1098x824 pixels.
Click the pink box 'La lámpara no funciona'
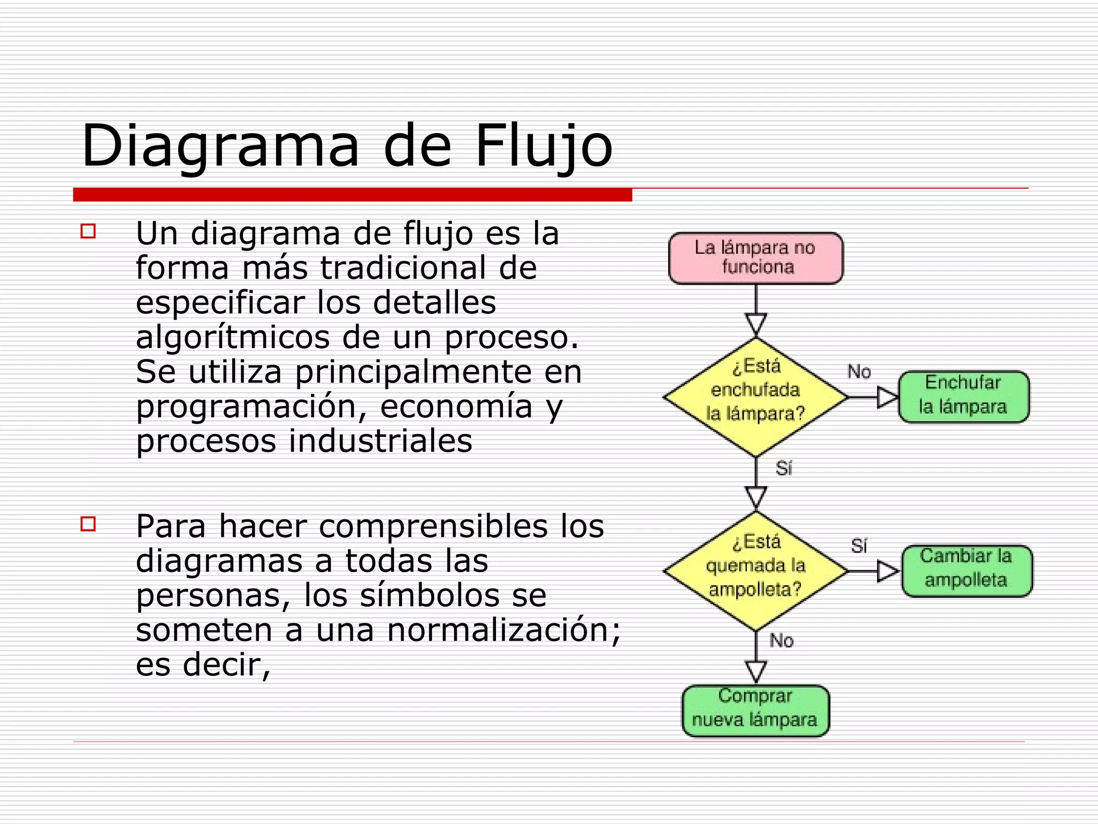tap(755, 258)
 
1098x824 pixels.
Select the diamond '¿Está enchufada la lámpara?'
tap(755, 397)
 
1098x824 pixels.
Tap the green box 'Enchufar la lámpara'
tap(963, 396)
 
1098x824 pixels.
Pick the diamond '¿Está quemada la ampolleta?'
tap(755, 571)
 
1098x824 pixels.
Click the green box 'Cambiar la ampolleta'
tap(967, 571)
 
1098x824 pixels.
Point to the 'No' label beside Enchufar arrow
tap(859, 371)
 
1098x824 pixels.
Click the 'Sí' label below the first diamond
tap(784, 468)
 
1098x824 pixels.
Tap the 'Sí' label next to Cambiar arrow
tap(859, 546)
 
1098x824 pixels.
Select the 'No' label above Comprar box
tap(782, 640)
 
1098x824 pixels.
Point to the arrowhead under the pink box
tap(756, 324)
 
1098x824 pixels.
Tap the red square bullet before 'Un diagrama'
tap(88, 232)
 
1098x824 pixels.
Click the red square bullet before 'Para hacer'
tap(88, 524)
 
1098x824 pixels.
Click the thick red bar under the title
tap(352, 195)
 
